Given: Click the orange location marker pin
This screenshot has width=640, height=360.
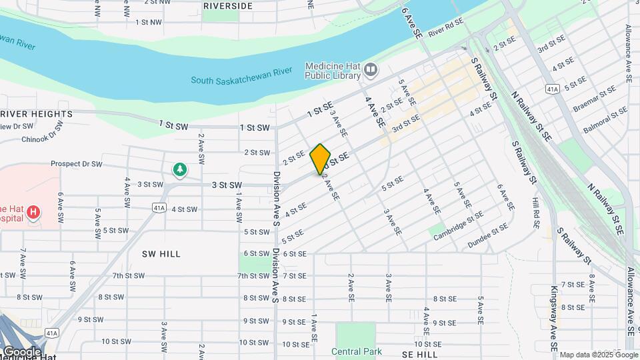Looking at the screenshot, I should pyautogui.click(x=320, y=159).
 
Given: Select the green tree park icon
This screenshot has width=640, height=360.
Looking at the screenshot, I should pyautogui.click(x=179, y=170).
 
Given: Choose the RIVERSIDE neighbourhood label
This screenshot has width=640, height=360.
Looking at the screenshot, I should pyautogui.click(x=227, y=6).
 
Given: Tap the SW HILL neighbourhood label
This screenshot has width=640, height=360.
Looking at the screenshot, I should pyautogui.click(x=161, y=254).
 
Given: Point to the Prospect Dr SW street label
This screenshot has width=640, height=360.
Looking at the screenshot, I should pyautogui.click(x=77, y=163).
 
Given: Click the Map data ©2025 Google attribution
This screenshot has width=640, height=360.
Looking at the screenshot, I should pyautogui.click(x=598, y=355).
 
